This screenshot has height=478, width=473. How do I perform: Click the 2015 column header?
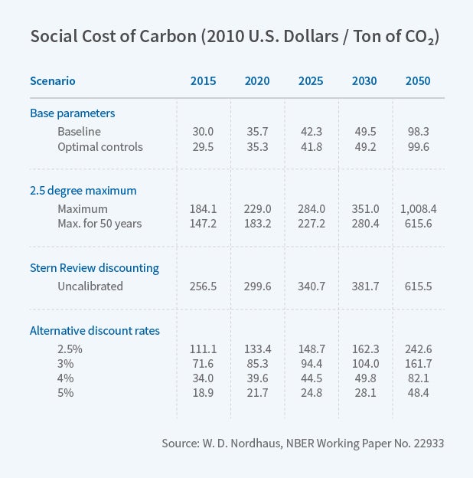[x=203, y=81]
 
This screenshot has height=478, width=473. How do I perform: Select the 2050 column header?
[x=417, y=81]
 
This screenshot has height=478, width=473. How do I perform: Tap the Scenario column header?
[x=53, y=81]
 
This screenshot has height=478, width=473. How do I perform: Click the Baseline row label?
[x=80, y=131]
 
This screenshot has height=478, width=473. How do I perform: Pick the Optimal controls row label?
[x=99, y=146]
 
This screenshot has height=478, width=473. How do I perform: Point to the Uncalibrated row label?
[x=90, y=286]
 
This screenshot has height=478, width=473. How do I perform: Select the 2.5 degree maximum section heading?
[x=83, y=190]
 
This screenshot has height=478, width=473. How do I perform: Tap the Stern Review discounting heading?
[x=94, y=268]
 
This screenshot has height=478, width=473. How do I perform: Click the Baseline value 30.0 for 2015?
[x=203, y=131]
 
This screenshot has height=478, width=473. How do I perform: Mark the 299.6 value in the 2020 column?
[x=257, y=286]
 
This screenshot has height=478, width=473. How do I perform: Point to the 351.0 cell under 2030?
[x=364, y=208]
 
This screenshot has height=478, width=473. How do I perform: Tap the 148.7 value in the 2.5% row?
[x=311, y=349]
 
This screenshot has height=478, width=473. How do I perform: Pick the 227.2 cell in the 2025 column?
[x=311, y=223]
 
